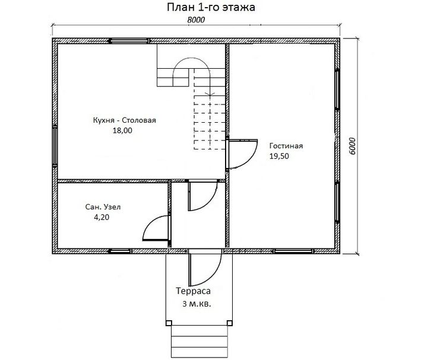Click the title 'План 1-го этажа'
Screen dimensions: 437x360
click(211, 7)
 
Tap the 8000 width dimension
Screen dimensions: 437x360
click(196, 20)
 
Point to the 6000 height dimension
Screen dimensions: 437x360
click(352, 146)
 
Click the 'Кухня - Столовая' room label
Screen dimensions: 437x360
click(124, 120)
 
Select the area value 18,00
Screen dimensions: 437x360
click(122, 130)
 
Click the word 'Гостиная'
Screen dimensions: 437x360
click(286, 146)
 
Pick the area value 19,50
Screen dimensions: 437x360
click(279, 156)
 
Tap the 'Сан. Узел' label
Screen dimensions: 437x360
click(103, 207)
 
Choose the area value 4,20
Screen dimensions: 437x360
click(102, 217)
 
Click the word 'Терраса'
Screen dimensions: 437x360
click(193, 291)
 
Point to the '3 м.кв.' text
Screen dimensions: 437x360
click(197, 304)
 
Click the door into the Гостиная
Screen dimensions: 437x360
click(242, 154)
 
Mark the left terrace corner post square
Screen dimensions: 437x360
click(169, 323)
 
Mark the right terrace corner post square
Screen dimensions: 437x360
click(230, 323)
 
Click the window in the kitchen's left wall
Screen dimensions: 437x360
click(55, 146)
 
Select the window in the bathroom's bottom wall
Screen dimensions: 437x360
click(119, 251)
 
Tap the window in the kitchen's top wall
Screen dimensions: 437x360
click(128, 41)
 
